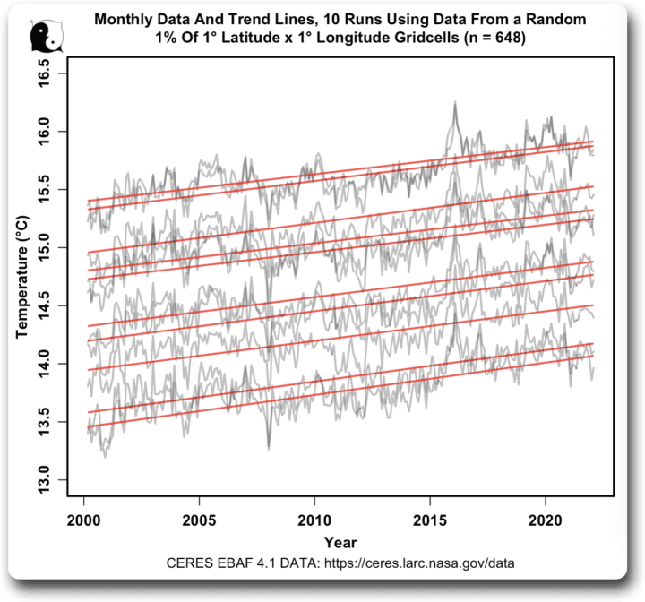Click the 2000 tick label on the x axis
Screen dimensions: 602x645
82,520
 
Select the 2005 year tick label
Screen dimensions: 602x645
198,520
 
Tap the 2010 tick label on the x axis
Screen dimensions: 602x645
314,520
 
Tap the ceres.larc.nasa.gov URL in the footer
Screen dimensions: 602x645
413,563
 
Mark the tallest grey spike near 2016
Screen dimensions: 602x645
455,103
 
